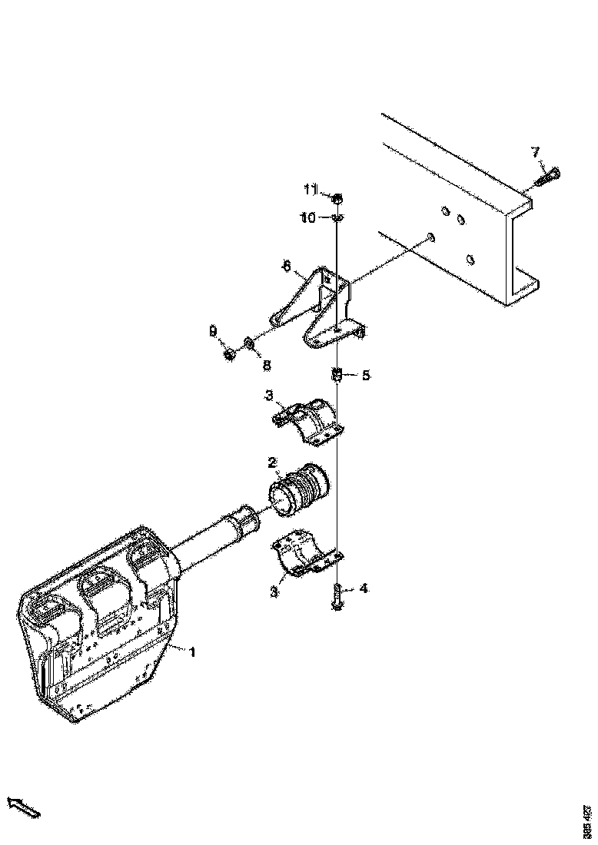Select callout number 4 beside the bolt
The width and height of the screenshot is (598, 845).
tap(363, 588)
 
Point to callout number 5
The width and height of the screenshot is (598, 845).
tap(366, 376)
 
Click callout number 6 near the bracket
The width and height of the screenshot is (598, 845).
tap(286, 267)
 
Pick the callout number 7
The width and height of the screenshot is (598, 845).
tap(537, 152)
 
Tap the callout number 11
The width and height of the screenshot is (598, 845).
tap(311, 189)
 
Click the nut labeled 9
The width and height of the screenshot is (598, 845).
tap(229, 354)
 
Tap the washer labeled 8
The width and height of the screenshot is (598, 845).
tap(249, 341)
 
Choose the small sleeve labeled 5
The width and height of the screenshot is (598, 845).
tap(337, 376)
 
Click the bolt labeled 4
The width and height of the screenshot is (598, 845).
tap(337, 596)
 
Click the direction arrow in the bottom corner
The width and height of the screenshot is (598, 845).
tap(23, 806)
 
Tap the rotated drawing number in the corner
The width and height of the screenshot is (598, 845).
tap(587, 820)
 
